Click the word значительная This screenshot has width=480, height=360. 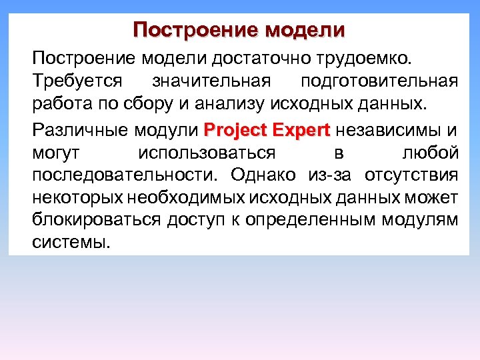tap(211, 81)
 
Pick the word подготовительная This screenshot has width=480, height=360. tap(379, 81)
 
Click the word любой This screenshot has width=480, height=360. tap(431, 153)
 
